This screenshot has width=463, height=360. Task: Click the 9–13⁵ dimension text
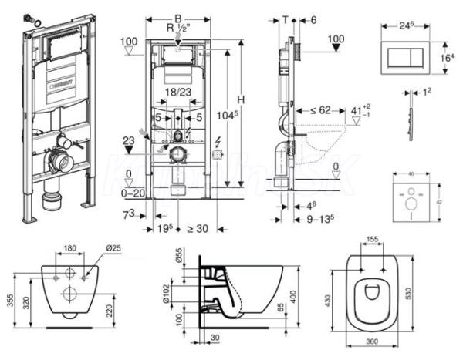coord(316,218)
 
